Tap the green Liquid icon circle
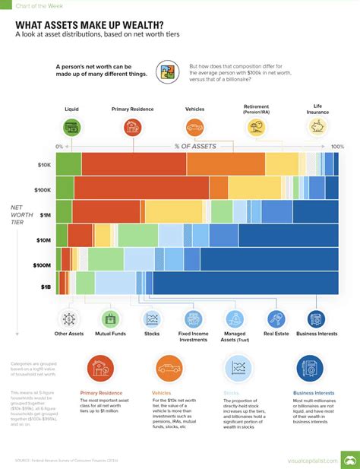tap(71, 127)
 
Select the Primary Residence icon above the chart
tap(134, 127)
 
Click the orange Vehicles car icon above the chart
tap(194, 127)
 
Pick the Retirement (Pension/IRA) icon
tap(257, 127)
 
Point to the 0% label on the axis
tap(59, 146)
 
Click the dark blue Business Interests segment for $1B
tap(243, 282)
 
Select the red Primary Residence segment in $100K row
tap(141, 188)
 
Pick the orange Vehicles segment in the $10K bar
tap(225, 164)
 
